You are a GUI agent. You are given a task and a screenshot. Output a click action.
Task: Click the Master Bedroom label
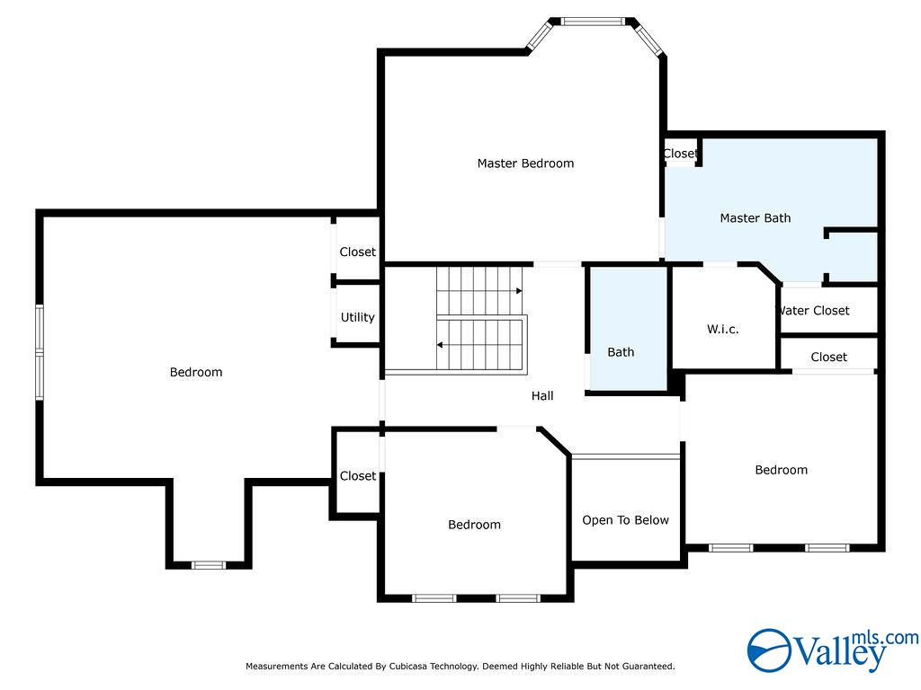[x=525, y=164]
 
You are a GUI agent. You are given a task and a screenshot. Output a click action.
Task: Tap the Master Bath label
[x=756, y=218]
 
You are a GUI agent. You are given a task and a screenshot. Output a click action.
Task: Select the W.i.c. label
[x=722, y=329]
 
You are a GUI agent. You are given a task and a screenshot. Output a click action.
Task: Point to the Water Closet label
[x=813, y=310]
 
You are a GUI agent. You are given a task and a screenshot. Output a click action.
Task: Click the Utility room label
[x=357, y=317]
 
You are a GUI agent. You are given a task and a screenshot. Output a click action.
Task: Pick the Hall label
[x=542, y=396]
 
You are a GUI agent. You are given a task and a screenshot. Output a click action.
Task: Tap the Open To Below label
[x=626, y=520]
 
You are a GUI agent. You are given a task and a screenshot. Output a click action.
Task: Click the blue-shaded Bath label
[x=621, y=352]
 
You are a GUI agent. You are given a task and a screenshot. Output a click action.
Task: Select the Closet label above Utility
[x=357, y=252]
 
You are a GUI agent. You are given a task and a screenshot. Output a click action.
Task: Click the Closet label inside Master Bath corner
[x=680, y=154]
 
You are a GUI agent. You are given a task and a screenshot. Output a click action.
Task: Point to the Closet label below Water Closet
[x=828, y=357]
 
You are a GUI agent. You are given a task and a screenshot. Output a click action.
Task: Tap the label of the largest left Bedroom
[x=195, y=372]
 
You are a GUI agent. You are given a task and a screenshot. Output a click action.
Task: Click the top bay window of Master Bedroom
[x=592, y=22]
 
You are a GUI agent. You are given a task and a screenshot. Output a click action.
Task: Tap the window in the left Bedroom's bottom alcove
[x=209, y=565]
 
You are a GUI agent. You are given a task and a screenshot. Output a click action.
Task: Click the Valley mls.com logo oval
[x=770, y=650]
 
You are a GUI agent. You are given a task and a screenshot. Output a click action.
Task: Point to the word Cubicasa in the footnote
[x=407, y=667]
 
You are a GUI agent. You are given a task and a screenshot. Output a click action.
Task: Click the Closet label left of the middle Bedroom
[x=358, y=476]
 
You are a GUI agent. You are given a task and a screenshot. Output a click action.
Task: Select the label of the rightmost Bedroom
[x=782, y=470]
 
